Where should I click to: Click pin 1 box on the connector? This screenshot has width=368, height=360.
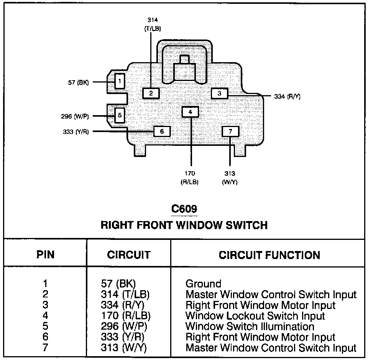120,81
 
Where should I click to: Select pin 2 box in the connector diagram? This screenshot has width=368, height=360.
151,93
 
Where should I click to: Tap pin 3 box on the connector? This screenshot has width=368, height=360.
219,93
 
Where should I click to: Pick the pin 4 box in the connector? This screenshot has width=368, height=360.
191,112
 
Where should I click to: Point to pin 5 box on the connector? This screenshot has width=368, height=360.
120,115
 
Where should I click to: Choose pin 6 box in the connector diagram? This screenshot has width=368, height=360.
162,131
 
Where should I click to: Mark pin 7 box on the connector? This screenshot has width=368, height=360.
230,131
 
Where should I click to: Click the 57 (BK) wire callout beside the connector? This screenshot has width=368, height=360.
78,83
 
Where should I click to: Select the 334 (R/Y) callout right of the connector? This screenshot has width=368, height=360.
287,96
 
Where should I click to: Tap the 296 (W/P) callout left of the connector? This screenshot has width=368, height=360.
75,116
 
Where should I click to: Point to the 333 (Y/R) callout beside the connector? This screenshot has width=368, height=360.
76,132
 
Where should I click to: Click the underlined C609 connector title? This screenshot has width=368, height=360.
184,209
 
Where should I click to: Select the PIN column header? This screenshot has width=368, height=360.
45,254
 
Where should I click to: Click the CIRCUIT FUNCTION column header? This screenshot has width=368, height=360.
269,255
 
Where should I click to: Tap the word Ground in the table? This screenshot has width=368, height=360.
203,284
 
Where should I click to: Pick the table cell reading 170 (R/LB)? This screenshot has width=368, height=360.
126,315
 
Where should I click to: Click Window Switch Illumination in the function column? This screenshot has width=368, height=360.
250,326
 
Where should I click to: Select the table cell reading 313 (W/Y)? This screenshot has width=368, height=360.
124,348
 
